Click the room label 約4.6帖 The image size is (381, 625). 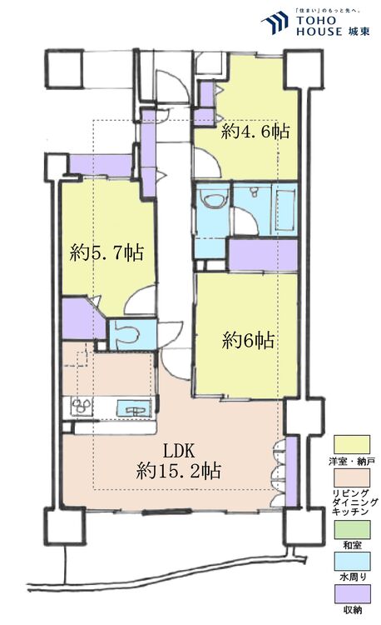click(255, 131)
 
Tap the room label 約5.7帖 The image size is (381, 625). click(107, 252)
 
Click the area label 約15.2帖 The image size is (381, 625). click(178, 471)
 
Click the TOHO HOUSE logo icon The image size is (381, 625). click(275, 22)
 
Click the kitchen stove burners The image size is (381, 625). click(82, 408)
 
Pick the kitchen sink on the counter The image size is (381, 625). click(132, 408)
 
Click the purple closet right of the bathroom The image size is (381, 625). click(262, 254)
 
